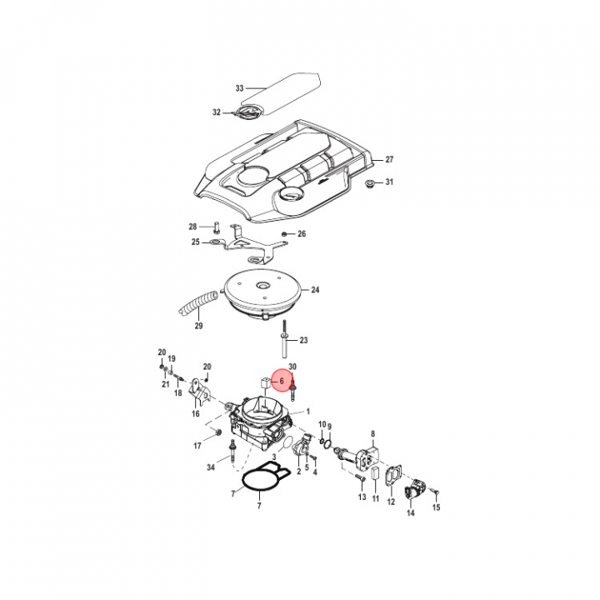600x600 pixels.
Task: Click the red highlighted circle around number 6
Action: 282,381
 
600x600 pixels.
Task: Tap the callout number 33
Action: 239,88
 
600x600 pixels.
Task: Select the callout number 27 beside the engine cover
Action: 389,159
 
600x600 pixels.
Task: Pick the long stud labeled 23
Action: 285,339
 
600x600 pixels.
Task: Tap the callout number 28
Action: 192,227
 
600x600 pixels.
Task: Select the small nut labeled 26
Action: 284,234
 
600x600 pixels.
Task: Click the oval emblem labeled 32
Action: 249,112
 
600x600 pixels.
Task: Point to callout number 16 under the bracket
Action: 196,413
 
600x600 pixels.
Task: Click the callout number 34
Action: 211,467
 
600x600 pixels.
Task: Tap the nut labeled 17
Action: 218,432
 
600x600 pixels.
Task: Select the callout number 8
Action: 372,434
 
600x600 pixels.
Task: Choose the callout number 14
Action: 411,512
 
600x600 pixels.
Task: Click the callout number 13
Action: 362,497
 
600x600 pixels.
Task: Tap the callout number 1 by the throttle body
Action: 308,412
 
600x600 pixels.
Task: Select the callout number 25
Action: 196,242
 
